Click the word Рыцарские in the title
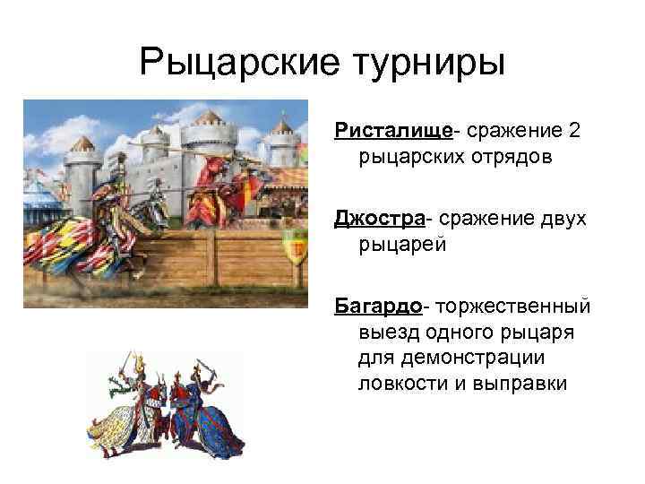pyautogui.click(x=230, y=63)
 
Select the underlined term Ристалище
pyautogui.click(x=393, y=131)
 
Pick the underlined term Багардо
pyautogui.click(x=377, y=306)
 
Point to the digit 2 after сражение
pyautogui.click(x=574, y=131)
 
